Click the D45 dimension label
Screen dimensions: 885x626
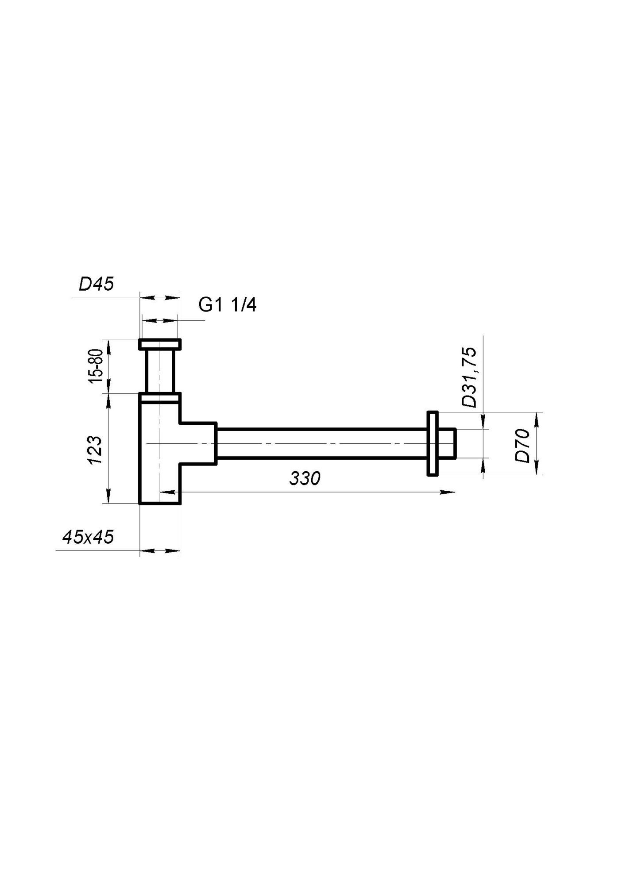96,284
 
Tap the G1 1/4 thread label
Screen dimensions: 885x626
227,305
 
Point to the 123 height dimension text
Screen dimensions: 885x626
96,450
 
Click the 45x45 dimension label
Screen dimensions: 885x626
88,537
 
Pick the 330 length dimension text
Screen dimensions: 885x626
305,478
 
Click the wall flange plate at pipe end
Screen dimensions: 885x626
433,444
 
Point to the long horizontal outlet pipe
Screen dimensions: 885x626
321,444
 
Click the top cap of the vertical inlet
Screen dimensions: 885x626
159,344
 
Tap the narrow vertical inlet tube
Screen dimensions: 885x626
159,371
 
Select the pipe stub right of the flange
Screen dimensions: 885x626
447,444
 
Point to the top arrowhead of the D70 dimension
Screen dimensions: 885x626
536,419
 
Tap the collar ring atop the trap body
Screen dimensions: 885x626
159,397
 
